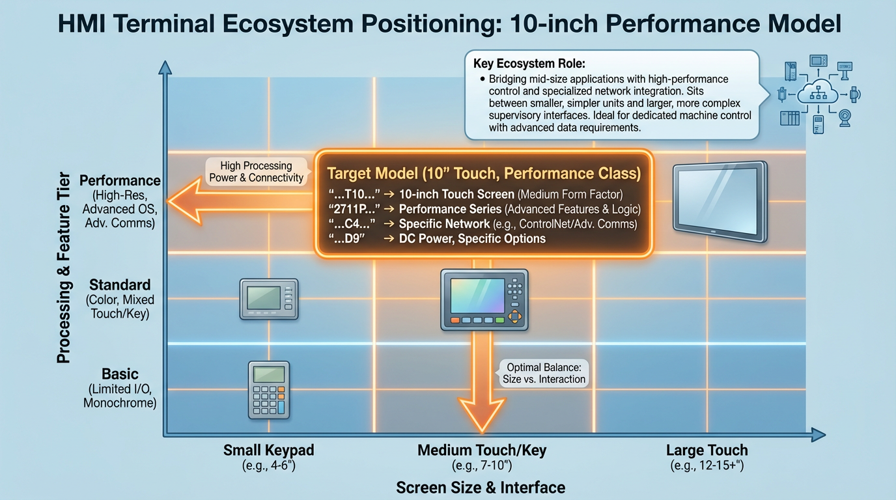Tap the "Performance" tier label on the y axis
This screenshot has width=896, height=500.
coord(120,180)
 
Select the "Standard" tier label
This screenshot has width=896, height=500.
coord(120,285)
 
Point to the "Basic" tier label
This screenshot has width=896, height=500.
coord(120,374)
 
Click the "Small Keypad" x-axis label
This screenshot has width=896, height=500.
coord(269,450)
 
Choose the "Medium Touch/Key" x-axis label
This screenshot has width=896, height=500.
coord(482,450)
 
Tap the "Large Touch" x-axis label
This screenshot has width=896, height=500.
coord(707,450)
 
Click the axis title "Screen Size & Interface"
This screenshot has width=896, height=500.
coord(481,488)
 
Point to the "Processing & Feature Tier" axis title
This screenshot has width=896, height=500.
coord(64,268)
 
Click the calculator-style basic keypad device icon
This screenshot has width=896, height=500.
coord(269,390)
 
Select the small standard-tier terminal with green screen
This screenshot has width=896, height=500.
coord(269,299)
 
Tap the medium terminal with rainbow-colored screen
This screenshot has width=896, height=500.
coord(484,299)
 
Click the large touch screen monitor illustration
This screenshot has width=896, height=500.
coord(720,202)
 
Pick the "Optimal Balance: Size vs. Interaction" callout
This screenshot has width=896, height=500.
coord(544,373)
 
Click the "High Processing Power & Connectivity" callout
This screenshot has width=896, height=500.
coord(257,172)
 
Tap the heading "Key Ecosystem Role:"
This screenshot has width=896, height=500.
coord(529,64)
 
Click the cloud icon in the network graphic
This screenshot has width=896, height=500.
coord(818,92)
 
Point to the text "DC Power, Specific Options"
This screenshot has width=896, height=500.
coord(472,239)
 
